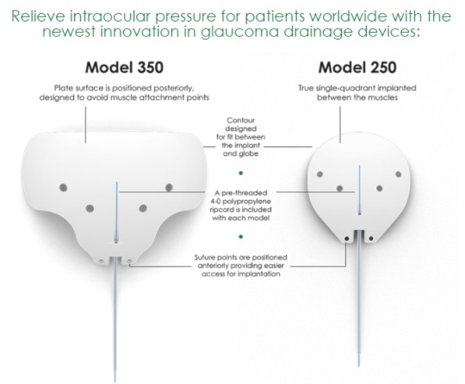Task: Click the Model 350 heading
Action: point(124,67)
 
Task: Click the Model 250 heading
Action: point(357,67)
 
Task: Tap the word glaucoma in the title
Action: point(239,32)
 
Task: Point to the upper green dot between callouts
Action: point(241,173)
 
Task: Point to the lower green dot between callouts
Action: point(241,237)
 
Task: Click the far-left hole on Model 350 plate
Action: point(63,188)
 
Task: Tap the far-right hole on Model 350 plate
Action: point(169,188)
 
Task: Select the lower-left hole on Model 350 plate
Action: point(90,208)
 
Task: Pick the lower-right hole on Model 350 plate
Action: point(143,208)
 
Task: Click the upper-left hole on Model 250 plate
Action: point(319,175)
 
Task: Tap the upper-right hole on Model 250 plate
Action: point(399,175)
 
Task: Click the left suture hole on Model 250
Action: point(346,238)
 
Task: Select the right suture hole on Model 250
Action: point(371,238)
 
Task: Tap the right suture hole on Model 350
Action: point(129,261)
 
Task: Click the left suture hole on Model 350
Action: point(101,261)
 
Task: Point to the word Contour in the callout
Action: point(240,121)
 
